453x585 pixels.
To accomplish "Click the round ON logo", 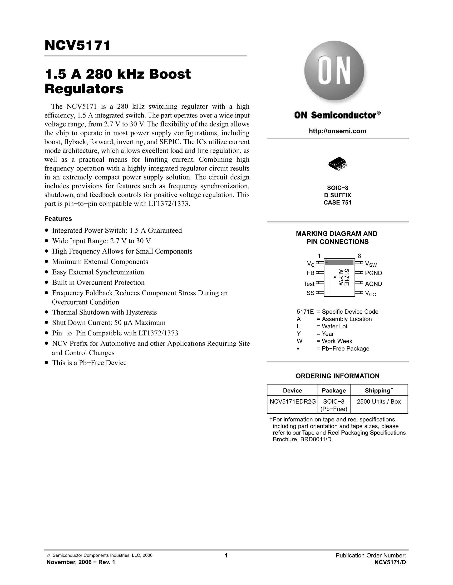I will coord(334,71).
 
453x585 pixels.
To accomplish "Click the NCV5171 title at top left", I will coord(77,45).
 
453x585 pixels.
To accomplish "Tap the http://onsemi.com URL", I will coord(337,131).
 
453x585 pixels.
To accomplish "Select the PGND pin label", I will coord(373,273).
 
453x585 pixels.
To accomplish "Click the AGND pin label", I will coord(373,284).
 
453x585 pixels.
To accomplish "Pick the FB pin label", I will coord(310,273).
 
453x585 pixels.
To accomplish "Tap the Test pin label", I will coord(309,284).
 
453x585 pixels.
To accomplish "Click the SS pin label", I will coord(310,293).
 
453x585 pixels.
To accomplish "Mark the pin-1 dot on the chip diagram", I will coord(327,261).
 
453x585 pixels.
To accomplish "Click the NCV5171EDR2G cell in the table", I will coord(292,401).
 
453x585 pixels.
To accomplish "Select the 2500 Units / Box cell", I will coord(379,401).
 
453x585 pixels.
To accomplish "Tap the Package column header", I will coord(334,391).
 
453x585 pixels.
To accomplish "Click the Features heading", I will coord(58,219).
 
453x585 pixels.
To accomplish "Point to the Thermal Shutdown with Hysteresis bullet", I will coord(104,312).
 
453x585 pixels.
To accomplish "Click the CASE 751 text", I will coord(337,203).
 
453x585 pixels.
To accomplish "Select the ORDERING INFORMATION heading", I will coord(337,376).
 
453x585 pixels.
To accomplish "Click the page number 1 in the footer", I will coord(226,555).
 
